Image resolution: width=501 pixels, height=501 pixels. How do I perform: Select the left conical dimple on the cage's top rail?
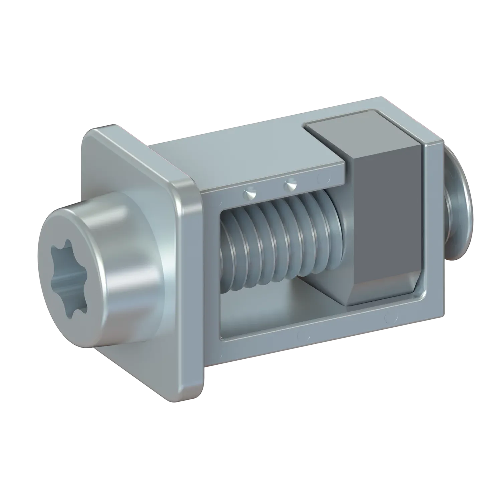click(249, 193)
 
